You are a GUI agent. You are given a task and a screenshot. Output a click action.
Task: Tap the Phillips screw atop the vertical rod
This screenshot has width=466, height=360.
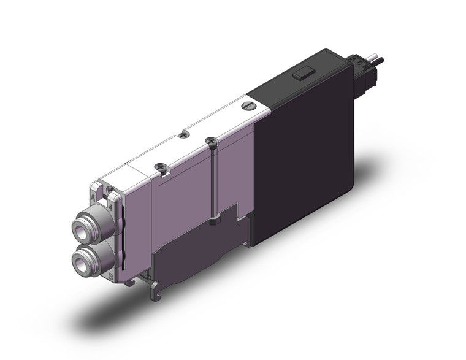[212, 142]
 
